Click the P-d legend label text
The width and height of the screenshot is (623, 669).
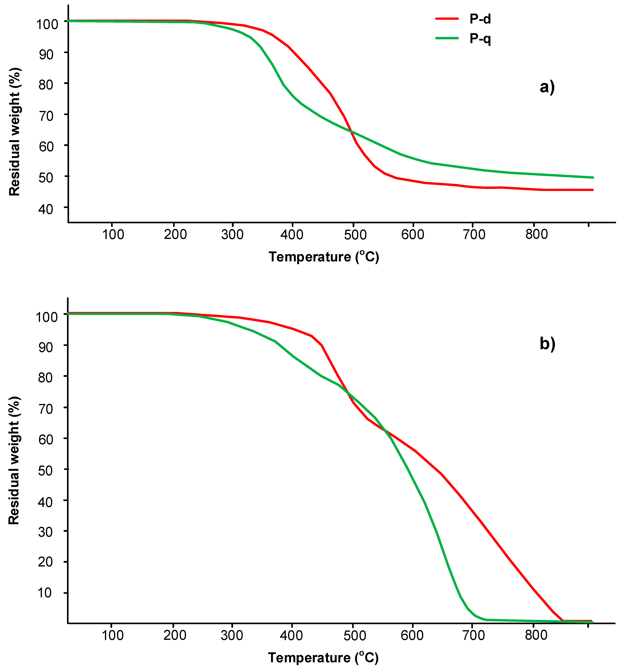coord(480,19)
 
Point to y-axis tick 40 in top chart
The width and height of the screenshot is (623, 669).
coord(46,209)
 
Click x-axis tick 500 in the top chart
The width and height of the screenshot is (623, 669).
coord(355,235)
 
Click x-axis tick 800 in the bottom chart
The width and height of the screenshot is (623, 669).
coord(536,635)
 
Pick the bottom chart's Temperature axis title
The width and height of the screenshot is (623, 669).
coord(323,657)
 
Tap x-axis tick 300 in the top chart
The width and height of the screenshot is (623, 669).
coord(232,235)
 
